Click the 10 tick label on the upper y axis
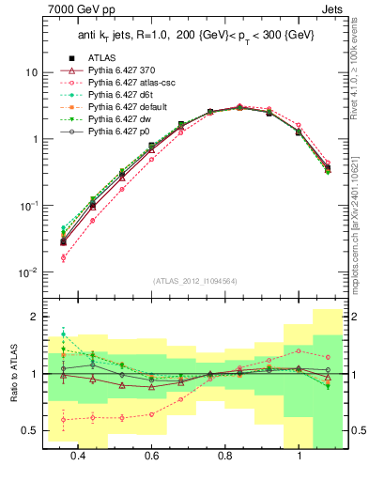(x=32, y=72)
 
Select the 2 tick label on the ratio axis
(x=36, y=317)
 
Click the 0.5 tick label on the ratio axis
(x=31, y=431)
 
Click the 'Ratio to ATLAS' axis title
(x=13, y=374)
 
